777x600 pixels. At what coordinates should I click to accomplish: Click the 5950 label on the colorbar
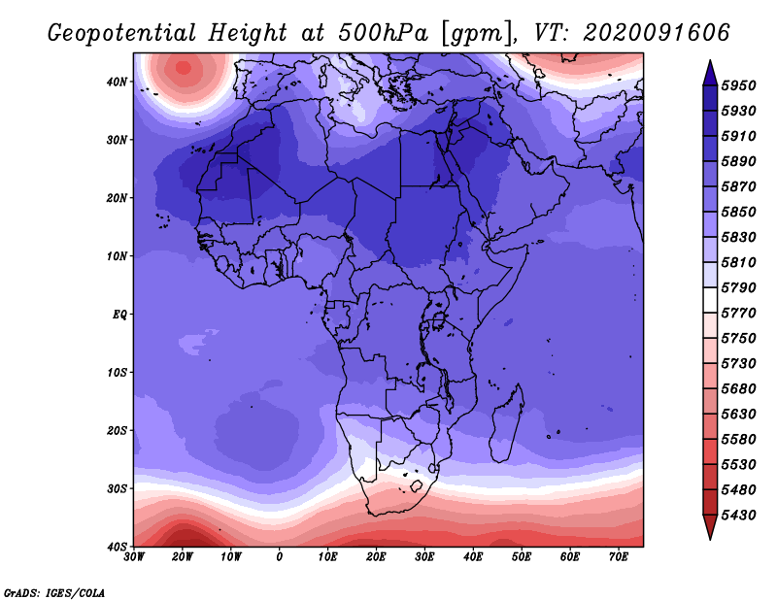[x=738, y=85]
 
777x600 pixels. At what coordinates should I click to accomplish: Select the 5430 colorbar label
[x=738, y=516]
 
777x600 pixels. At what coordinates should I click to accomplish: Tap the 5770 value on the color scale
[x=738, y=314]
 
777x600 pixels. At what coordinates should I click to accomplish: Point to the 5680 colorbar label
[x=738, y=389]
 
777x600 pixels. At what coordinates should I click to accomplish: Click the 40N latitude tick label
[x=117, y=82]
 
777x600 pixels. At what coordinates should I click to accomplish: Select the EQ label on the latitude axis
[x=119, y=315]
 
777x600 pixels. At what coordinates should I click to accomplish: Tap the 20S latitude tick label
[x=117, y=430]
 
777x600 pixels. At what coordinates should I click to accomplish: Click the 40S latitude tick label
[x=117, y=547]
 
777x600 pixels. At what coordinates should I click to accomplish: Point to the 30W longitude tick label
[x=134, y=557]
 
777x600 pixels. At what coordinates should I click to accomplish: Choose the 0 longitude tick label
[x=280, y=557]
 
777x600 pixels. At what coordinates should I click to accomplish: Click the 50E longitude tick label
[x=522, y=557]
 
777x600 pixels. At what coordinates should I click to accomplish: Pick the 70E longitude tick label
[x=618, y=557]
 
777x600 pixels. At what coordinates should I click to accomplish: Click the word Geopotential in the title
[x=122, y=33]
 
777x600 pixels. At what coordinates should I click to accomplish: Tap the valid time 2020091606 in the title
[x=657, y=33]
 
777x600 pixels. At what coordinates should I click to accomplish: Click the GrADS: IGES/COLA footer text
[x=54, y=592]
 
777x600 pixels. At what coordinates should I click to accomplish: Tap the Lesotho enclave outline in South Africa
[x=417, y=486]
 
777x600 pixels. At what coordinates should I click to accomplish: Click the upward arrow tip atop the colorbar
[x=710, y=61]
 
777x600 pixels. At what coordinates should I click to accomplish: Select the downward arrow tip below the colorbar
[x=710, y=540]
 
